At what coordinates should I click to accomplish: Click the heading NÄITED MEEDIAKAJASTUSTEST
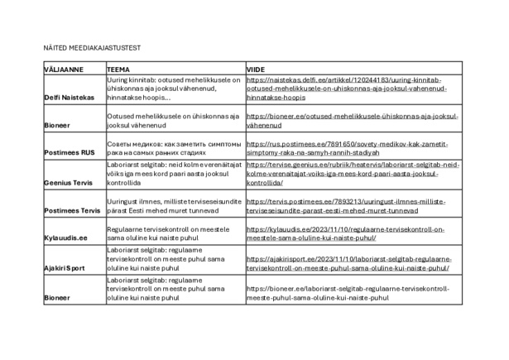click(x=91, y=48)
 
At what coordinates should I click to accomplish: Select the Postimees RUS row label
click(x=70, y=153)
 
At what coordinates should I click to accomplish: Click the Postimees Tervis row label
click(x=72, y=210)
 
